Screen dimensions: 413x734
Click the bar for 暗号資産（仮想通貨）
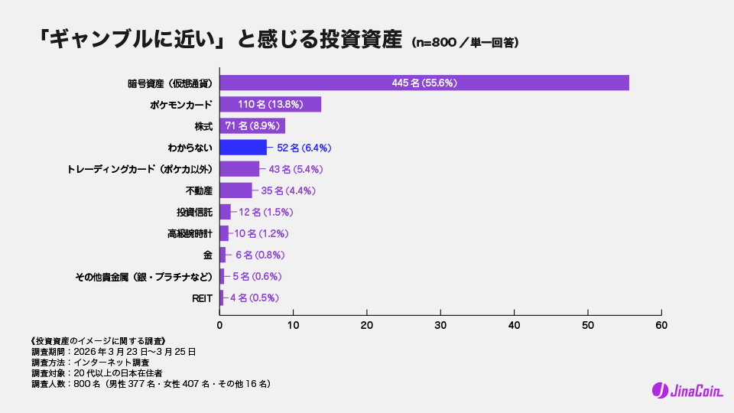point(424,83)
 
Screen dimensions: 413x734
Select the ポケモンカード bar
point(270,105)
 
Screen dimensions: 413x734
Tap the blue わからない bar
point(243,148)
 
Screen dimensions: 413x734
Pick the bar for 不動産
point(235,190)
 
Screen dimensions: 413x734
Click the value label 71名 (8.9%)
point(254,126)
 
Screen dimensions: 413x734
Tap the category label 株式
point(203,126)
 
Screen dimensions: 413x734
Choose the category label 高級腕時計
point(190,233)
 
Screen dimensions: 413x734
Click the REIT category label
point(202,298)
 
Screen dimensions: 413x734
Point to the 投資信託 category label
point(195,212)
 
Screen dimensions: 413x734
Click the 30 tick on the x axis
point(440,325)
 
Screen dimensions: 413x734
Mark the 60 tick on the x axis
point(661,325)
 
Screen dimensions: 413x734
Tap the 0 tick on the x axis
point(220,325)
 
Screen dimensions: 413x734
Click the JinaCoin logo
point(681,390)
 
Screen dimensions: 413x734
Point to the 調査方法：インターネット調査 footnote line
point(90,363)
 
